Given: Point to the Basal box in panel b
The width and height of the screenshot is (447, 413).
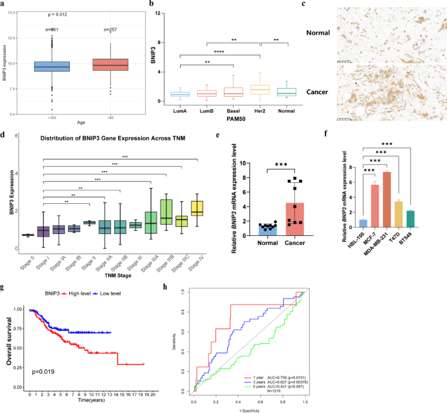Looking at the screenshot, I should coord(232,91).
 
